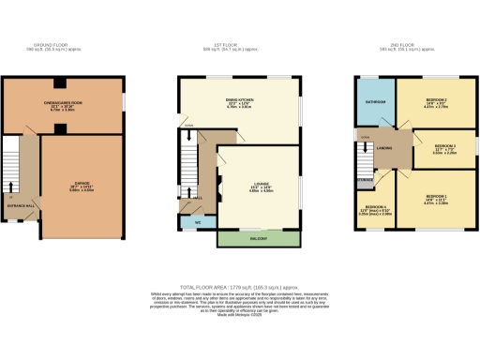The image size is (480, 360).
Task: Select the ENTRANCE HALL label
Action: pyautogui.click(x=21, y=204)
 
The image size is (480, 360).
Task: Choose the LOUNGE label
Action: pyautogui.click(x=260, y=184)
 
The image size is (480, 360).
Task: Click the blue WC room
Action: pyautogui.click(x=198, y=223)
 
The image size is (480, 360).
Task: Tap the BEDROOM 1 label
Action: pyautogui.click(x=437, y=196)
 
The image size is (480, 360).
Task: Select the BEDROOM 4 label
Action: pyautogui.click(x=372, y=208)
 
